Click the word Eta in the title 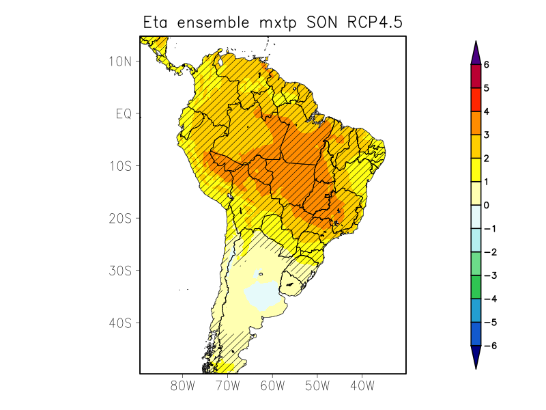(156, 22)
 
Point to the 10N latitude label (119, 61)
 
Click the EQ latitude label (123, 113)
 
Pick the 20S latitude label (119, 218)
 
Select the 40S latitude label (119, 323)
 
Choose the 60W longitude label (272, 386)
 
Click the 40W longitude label (362, 386)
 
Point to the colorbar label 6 (487, 64)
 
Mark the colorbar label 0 (487, 205)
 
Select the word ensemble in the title (212, 22)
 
